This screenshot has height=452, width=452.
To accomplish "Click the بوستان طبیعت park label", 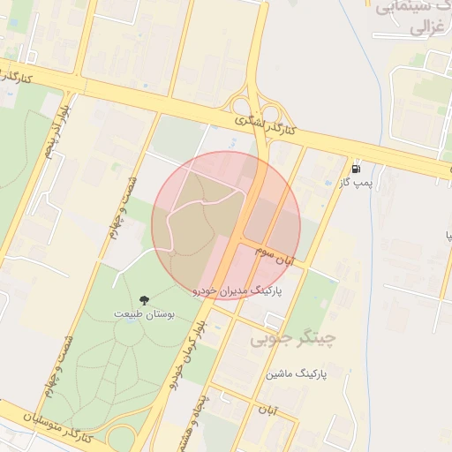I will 145,313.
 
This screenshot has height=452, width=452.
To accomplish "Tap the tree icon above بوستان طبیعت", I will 145,301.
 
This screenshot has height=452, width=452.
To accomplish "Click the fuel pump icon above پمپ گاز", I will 356,168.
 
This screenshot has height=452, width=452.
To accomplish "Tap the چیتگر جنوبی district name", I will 294,337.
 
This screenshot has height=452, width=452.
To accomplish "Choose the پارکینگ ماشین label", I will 297,374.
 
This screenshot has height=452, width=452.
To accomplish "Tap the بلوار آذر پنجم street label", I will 54,132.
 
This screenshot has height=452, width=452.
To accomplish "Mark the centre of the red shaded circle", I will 226,225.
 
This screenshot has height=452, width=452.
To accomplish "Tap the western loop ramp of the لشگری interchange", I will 240,106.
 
